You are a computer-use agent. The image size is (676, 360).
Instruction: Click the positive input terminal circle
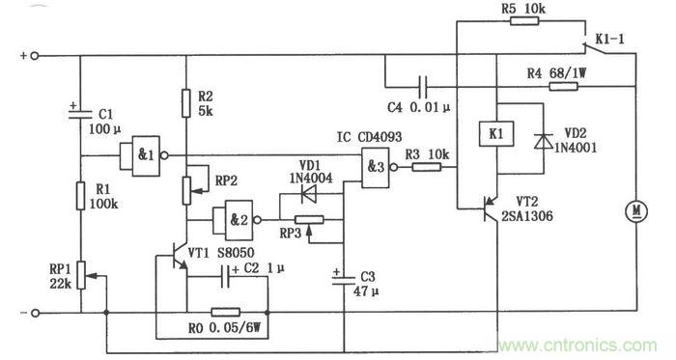point(36,57)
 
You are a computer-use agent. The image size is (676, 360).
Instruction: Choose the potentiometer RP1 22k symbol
point(80,275)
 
